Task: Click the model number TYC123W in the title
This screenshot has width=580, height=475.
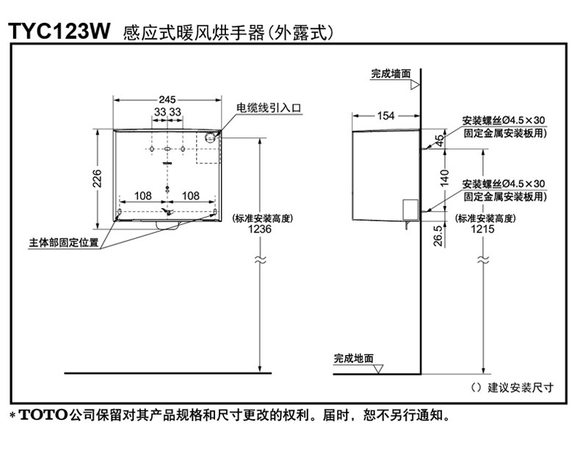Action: tap(59, 32)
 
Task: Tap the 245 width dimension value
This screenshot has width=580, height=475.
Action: tap(167, 100)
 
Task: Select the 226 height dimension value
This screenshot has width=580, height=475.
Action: tap(97, 178)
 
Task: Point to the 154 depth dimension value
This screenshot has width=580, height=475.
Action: tap(385, 116)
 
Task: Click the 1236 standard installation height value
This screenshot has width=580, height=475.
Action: tap(260, 229)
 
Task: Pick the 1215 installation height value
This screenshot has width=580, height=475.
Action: tap(482, 229)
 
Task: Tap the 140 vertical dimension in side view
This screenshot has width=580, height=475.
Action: tap(444, 178)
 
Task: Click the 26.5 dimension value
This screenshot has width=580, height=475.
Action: tap(438, 236)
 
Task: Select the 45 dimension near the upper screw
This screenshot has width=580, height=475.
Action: tap(439, 140)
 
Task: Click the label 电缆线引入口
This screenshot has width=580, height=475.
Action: tap(269, 108)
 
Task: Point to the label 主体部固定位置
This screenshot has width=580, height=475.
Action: tap(64, 243)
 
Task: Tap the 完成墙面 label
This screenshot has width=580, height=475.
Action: tap(391, 74)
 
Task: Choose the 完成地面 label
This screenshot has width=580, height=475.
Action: tap(354, 359)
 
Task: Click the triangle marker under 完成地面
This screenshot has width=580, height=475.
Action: tap(378, 369)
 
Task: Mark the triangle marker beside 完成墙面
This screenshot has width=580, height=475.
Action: tap(415, 85)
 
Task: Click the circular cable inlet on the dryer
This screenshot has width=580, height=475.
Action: tap(210, 137)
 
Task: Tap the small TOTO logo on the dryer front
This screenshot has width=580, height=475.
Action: tap(167, 162)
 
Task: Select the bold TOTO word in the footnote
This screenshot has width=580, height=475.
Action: tap(43, 415)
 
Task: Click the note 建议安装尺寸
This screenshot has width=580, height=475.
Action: tap(521, 388)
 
